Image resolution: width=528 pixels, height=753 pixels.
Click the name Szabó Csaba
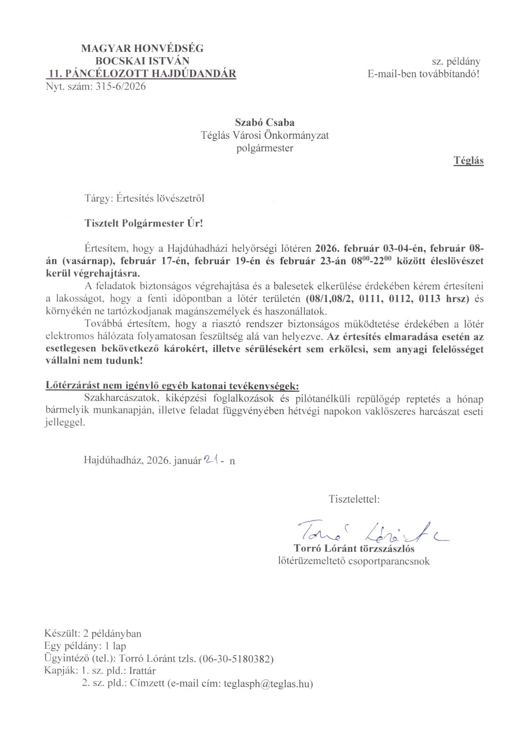pyautogui.click(x=264, y=122)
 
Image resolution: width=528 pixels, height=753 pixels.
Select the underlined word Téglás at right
pyautogui.click(x=468, y=161)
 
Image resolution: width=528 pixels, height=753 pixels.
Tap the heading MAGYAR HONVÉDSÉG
pyautogui.click(x=142, y=49)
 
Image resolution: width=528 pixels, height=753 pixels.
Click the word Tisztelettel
pyautogui.click(x=354, y=499)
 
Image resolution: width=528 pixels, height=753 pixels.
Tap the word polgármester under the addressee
pyautogui.click(x=265, y=148)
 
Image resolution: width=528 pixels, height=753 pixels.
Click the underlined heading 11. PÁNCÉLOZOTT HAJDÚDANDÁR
pyautogui.click(x=141, y=74)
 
